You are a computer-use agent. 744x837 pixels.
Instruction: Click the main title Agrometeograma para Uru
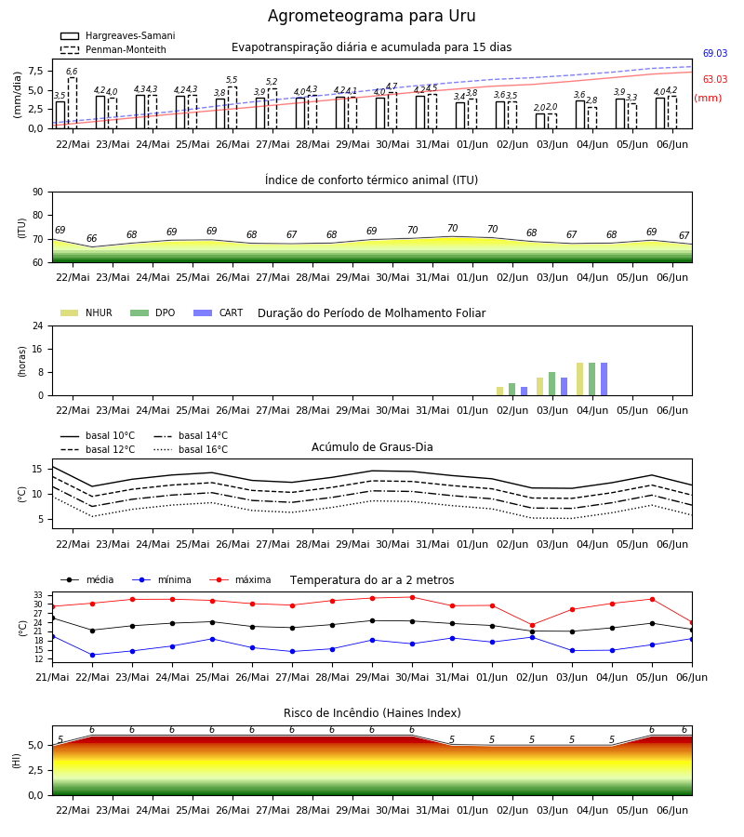click(x=371, y=16)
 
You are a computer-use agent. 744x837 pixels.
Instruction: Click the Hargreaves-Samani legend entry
click(x=118, y=35)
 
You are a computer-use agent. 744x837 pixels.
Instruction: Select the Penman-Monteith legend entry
click(x=113, y=49)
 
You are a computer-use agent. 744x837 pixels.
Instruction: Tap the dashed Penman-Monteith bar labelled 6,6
click(x=72, y=103)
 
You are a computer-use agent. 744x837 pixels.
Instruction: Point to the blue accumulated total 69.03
click(x=714, y=53)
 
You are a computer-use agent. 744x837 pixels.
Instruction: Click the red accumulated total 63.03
click(x=714, y=80)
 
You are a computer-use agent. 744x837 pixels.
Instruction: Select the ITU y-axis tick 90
click(x=38, y=193)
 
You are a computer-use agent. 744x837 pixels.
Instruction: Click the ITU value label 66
click(x=92, y=239)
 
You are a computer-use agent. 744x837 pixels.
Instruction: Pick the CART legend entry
click(x=219, y=312)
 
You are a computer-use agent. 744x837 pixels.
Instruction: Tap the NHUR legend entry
click(x=86, y=312)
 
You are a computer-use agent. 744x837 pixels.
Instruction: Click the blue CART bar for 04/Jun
click(x=604, y=379)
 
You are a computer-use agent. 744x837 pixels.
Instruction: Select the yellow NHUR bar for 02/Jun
click(x=500, y=392)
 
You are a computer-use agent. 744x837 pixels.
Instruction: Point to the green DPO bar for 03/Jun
click(x=551, y=384)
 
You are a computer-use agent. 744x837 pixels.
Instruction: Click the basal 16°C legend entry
click(x=191, y=449)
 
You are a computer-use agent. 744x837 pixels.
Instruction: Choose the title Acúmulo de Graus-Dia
click(x=372, y=447)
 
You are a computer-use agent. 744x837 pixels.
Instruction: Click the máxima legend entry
click(x=240, y=579)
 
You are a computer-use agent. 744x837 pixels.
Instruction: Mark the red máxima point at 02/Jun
click(x=532, y=625)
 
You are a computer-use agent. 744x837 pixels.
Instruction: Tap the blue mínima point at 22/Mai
click(x=92, y=655)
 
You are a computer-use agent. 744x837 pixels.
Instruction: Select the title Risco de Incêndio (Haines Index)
click(x=372, y=713)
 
